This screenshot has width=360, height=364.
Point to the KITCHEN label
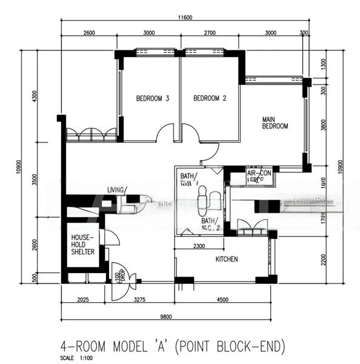coord(227,259)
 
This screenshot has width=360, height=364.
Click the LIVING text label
coord(116,190)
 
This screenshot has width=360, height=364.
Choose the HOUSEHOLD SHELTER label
coord(82,244)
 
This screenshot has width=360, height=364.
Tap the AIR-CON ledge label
coord(259,176)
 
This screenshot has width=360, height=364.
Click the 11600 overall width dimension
coord(185,18)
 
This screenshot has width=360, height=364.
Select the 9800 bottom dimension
coord(168,315)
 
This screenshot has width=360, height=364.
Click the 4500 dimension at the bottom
coord(222,299)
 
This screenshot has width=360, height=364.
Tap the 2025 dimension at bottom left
coord(84,299)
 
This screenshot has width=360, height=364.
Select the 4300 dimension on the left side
coord(35,96)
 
